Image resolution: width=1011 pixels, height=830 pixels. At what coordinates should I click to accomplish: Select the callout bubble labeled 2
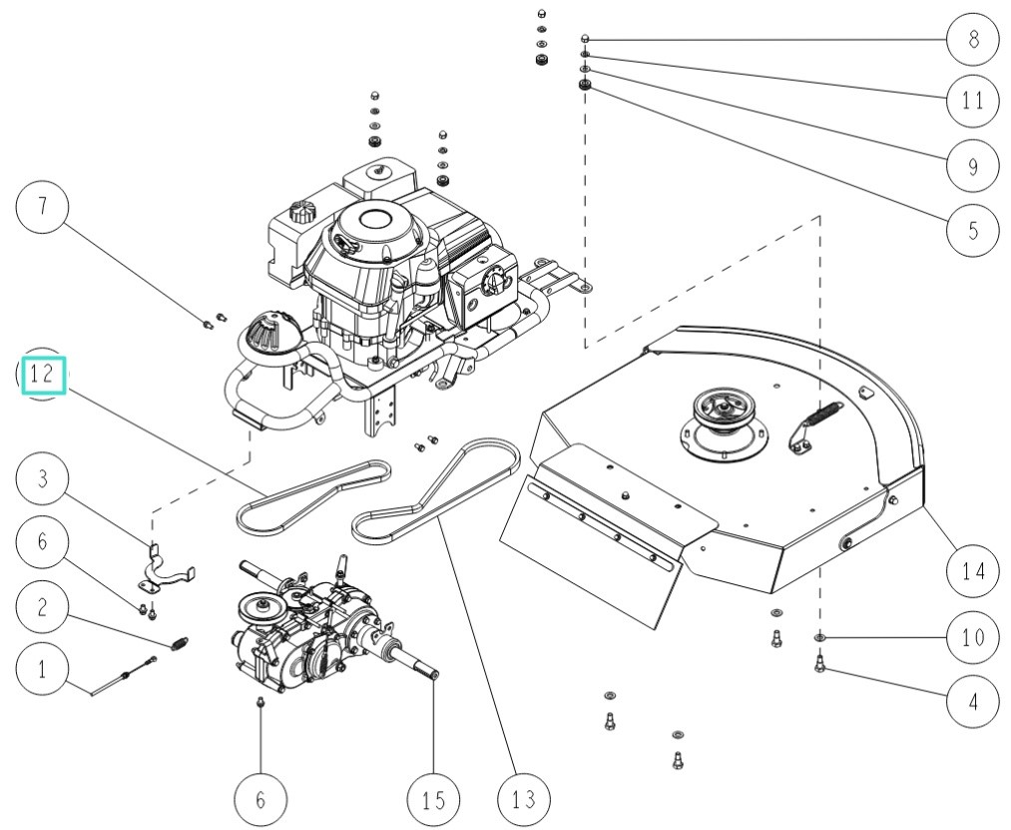pos(42,607)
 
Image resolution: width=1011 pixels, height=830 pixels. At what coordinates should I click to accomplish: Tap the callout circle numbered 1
pos(42,670)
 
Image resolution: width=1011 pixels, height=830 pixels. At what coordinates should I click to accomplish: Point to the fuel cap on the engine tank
pos(298,213)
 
